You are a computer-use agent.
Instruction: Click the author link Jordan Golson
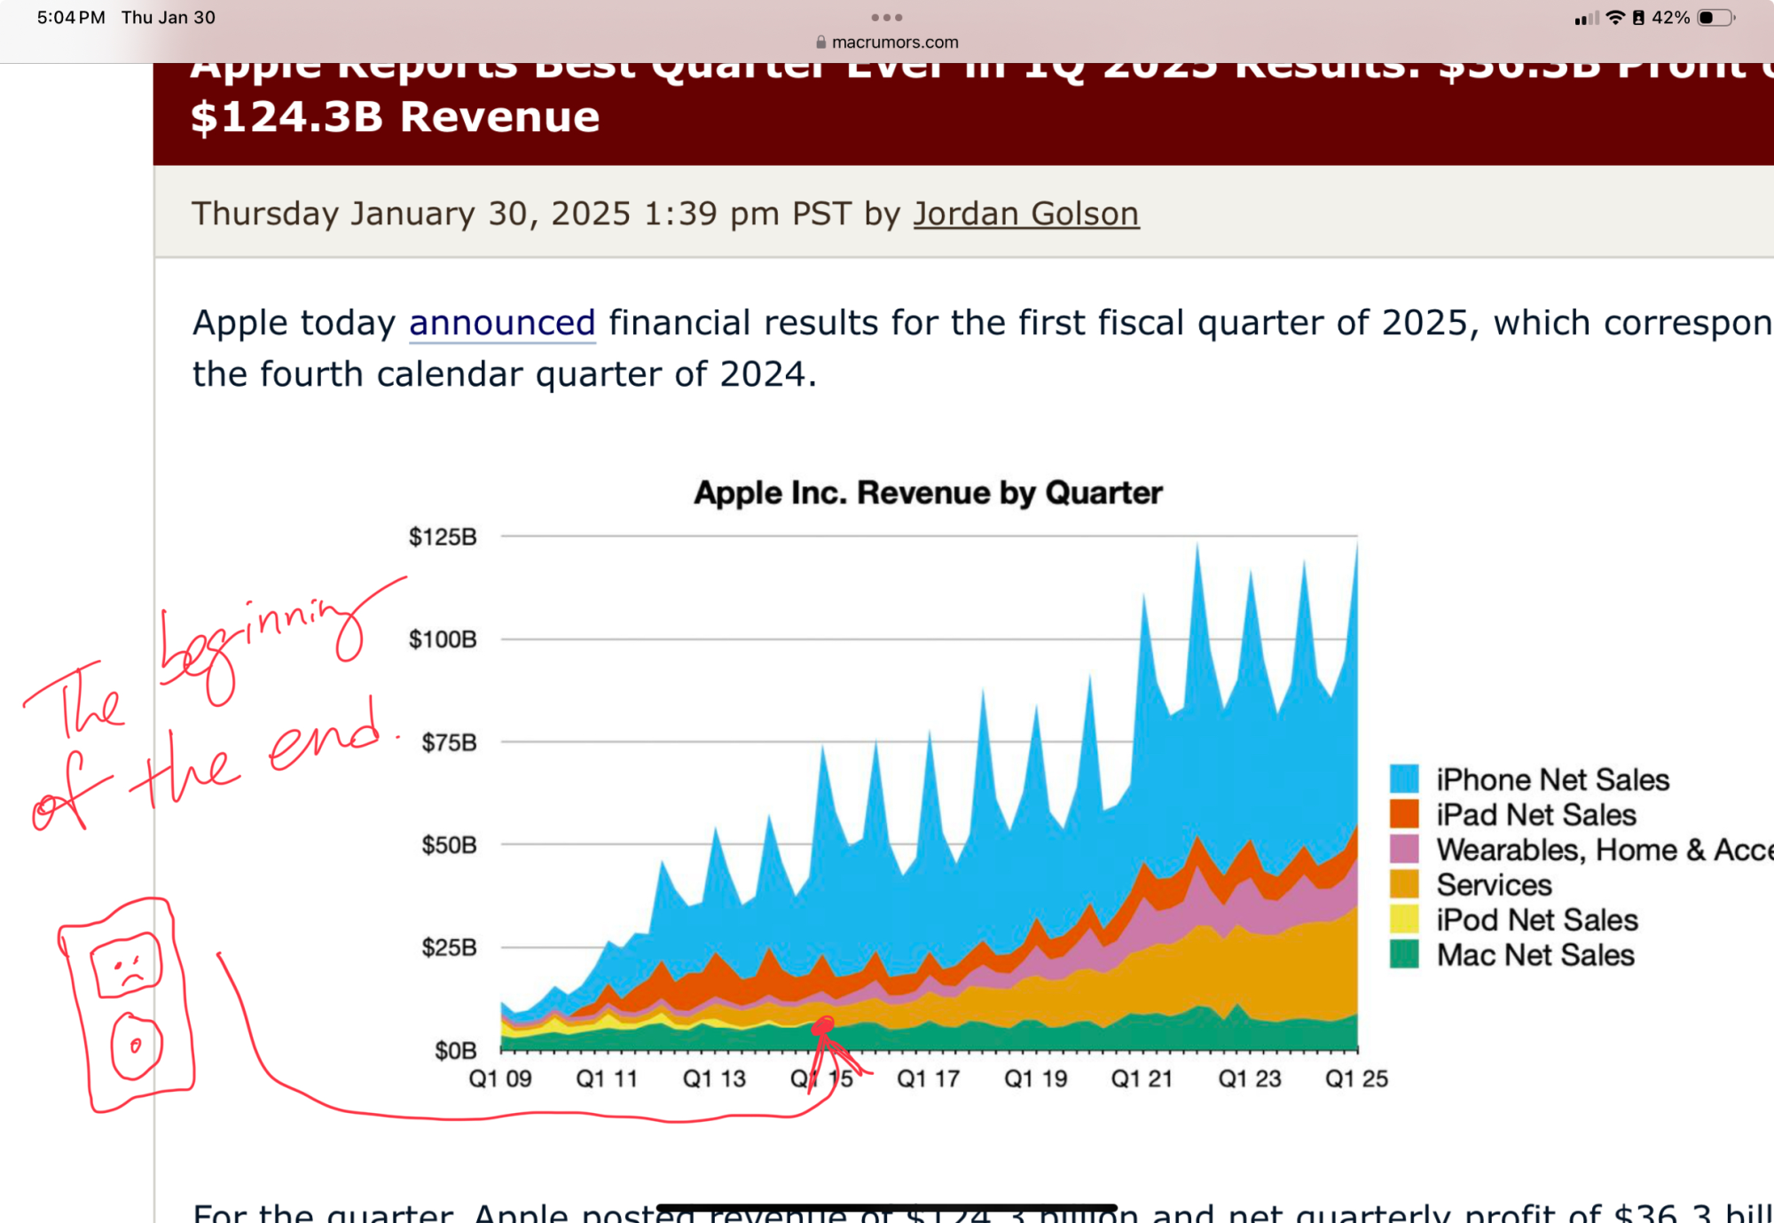tap(1025, 214)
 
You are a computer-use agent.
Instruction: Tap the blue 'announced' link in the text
tap(501, 323)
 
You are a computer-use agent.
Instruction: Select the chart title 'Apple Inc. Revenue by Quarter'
tap(928, 492)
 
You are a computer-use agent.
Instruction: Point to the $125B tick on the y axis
tap(442, 537)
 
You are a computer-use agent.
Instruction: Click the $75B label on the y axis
tap(449, 742)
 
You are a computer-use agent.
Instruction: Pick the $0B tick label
tap(455, 1051)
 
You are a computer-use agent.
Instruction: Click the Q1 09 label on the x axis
tap(500, 1079)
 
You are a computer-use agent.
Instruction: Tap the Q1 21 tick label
tap(1142, 1079)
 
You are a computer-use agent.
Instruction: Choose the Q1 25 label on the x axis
tap(1356, 1079)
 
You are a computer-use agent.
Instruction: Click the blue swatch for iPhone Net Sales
tap(1404, 779)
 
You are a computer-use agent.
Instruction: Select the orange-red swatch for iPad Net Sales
tap(1404, 814)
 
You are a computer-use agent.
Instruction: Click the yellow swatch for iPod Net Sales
tap(1404, 920)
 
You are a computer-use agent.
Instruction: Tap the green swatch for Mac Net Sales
tap(1404, 955)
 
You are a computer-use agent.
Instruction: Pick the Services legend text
tap(1494, 885)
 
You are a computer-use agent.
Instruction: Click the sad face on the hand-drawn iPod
tap(127, 965)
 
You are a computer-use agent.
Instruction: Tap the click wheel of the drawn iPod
tap(136, 1047)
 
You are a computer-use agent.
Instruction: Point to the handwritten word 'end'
tap(325, 738)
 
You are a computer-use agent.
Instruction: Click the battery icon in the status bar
tap(1715, 18)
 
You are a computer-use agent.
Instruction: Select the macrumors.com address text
tap(894, 42)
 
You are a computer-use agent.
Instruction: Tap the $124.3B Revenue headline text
tap(395, 117)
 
